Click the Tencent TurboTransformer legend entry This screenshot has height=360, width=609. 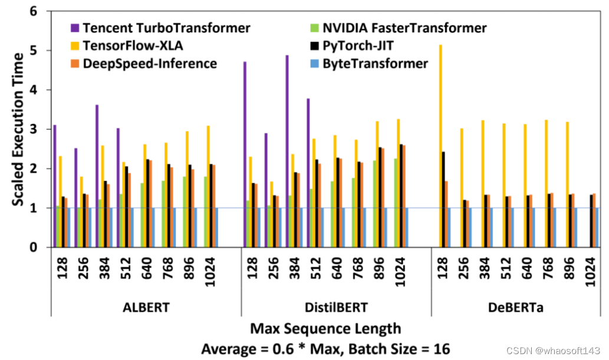point(160,28)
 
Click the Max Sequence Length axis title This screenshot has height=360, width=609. point(325,328)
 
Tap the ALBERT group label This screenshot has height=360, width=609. point(146,307)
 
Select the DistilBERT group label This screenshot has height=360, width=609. point(337,307)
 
